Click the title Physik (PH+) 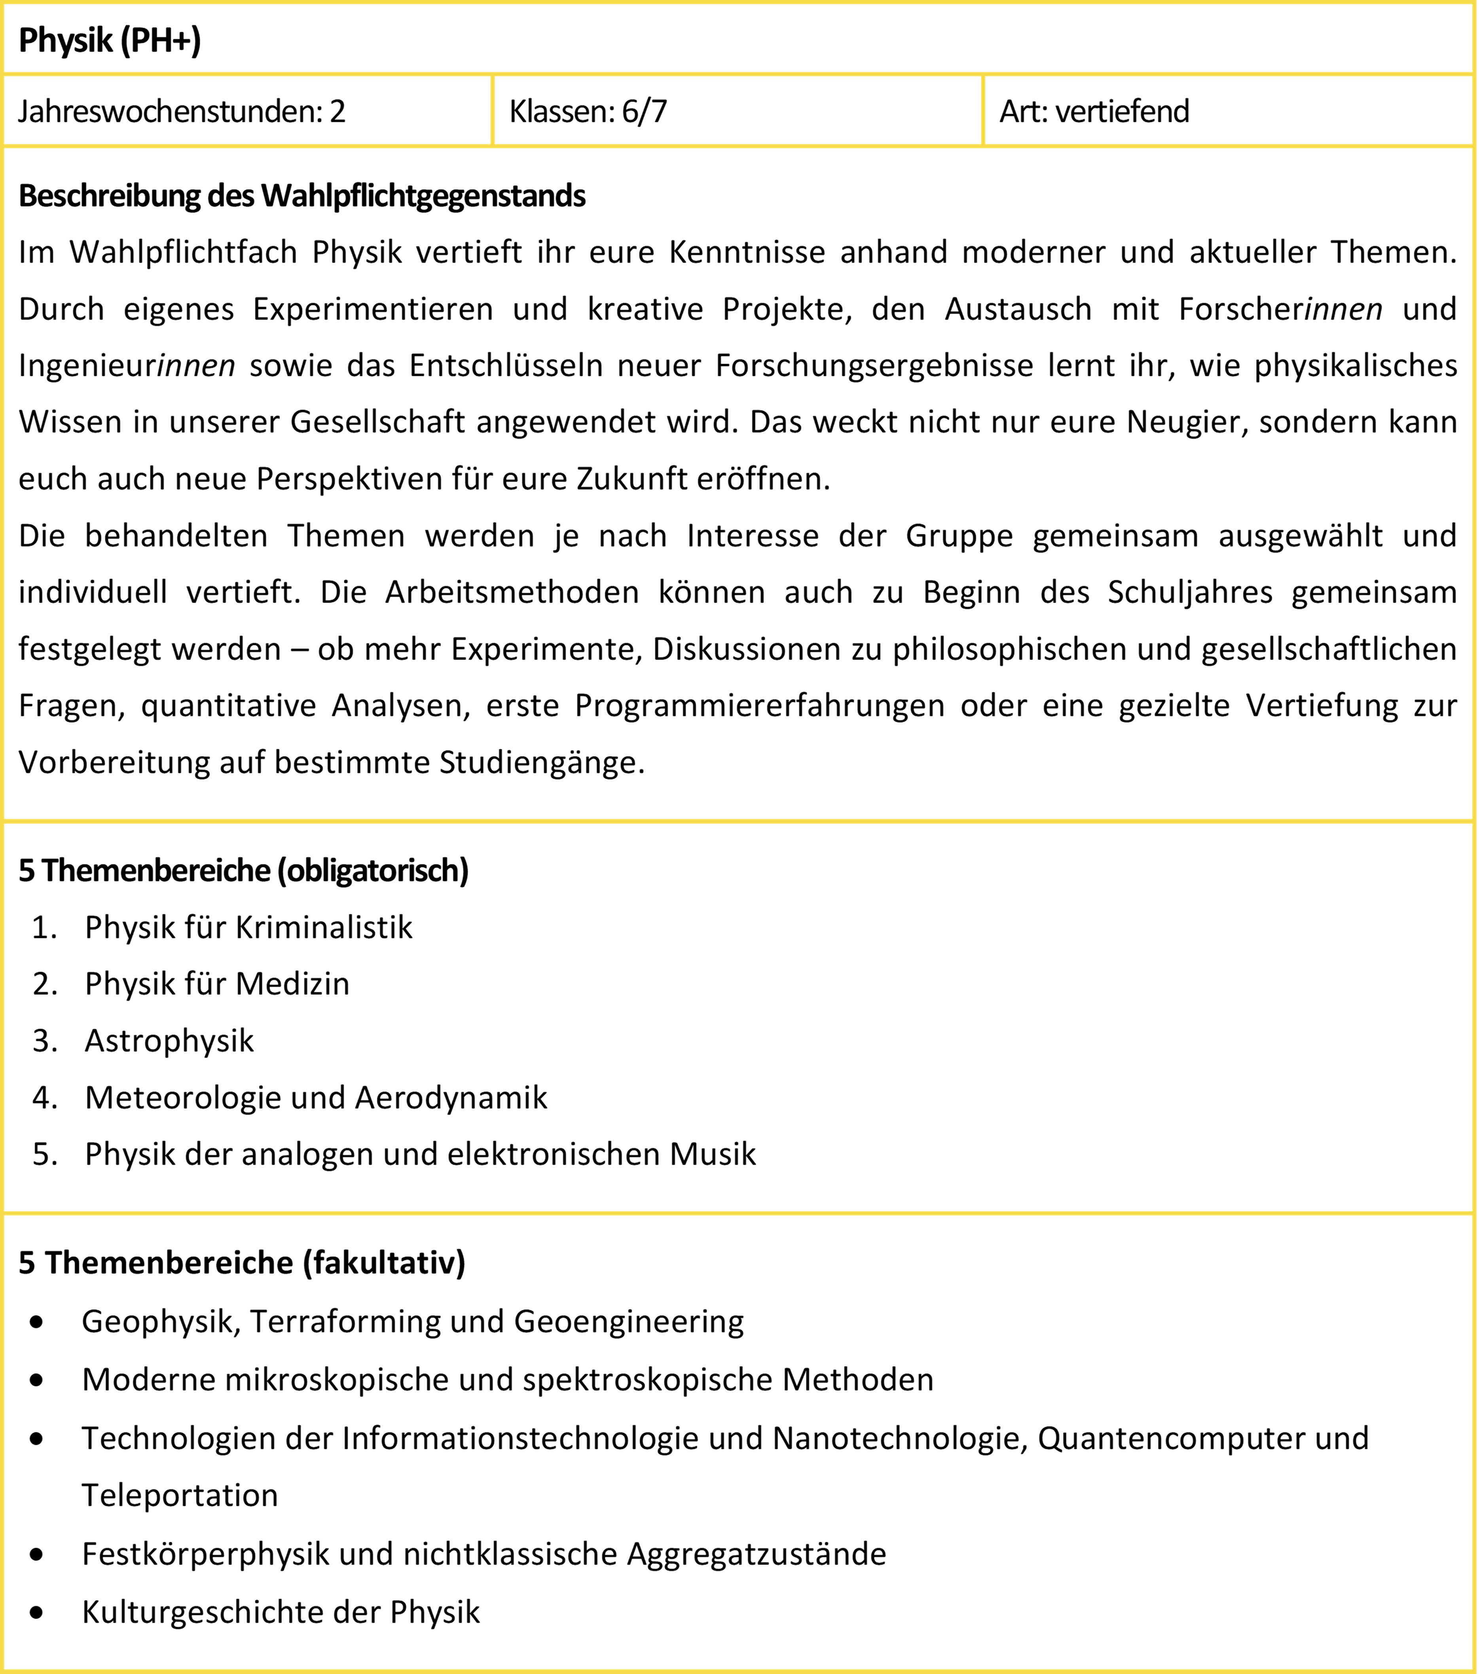coord(110,40)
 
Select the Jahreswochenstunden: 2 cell coord(182,112)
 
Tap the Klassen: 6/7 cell coord(588,112)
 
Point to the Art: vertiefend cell coord(1094,112)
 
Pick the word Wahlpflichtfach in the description coord(183,252)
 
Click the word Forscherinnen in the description coord(1280,309)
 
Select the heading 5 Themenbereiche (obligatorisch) coord(243,870)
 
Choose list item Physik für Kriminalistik coord(248,928)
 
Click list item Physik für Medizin coord(217,984)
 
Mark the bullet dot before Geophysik coord(36,1322)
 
